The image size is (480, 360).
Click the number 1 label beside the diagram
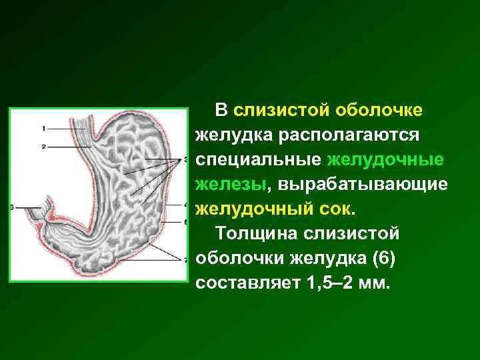tap(43, 127)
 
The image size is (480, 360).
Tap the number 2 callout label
tap(43, 145)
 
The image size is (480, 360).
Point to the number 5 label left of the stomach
tap(13, 208)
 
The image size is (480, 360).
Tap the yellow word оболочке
tap(383, 109)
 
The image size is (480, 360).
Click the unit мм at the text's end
tap(377, 282)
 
